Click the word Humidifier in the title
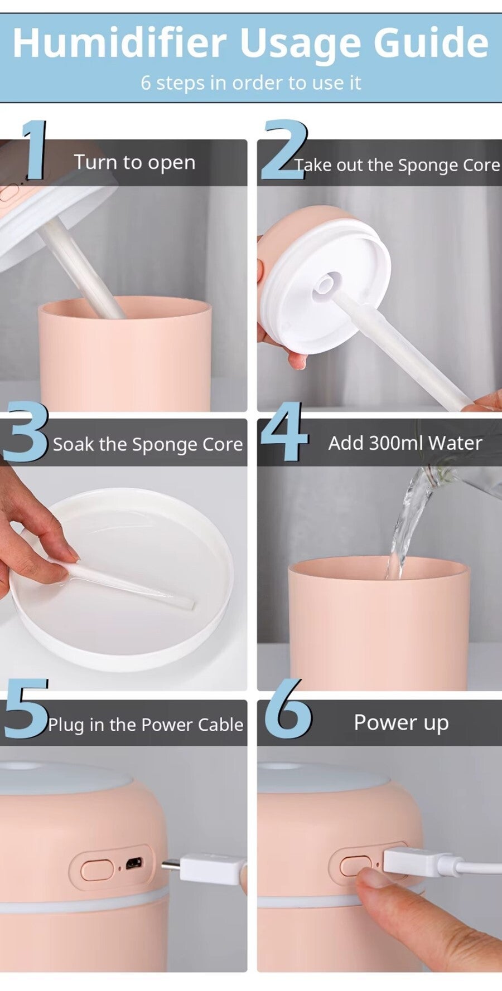(119, 43)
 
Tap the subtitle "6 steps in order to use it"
(251, 82)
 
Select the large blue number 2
(284, 150)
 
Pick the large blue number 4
(284, 431)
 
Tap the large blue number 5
(26, 709)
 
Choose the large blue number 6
(288, 708)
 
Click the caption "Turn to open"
(135, 162)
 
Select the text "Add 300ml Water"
(405, 443)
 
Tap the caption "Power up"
(402, 723)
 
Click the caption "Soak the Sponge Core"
(148, 444)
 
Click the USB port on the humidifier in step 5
(133, 864)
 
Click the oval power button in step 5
(97, 869)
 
